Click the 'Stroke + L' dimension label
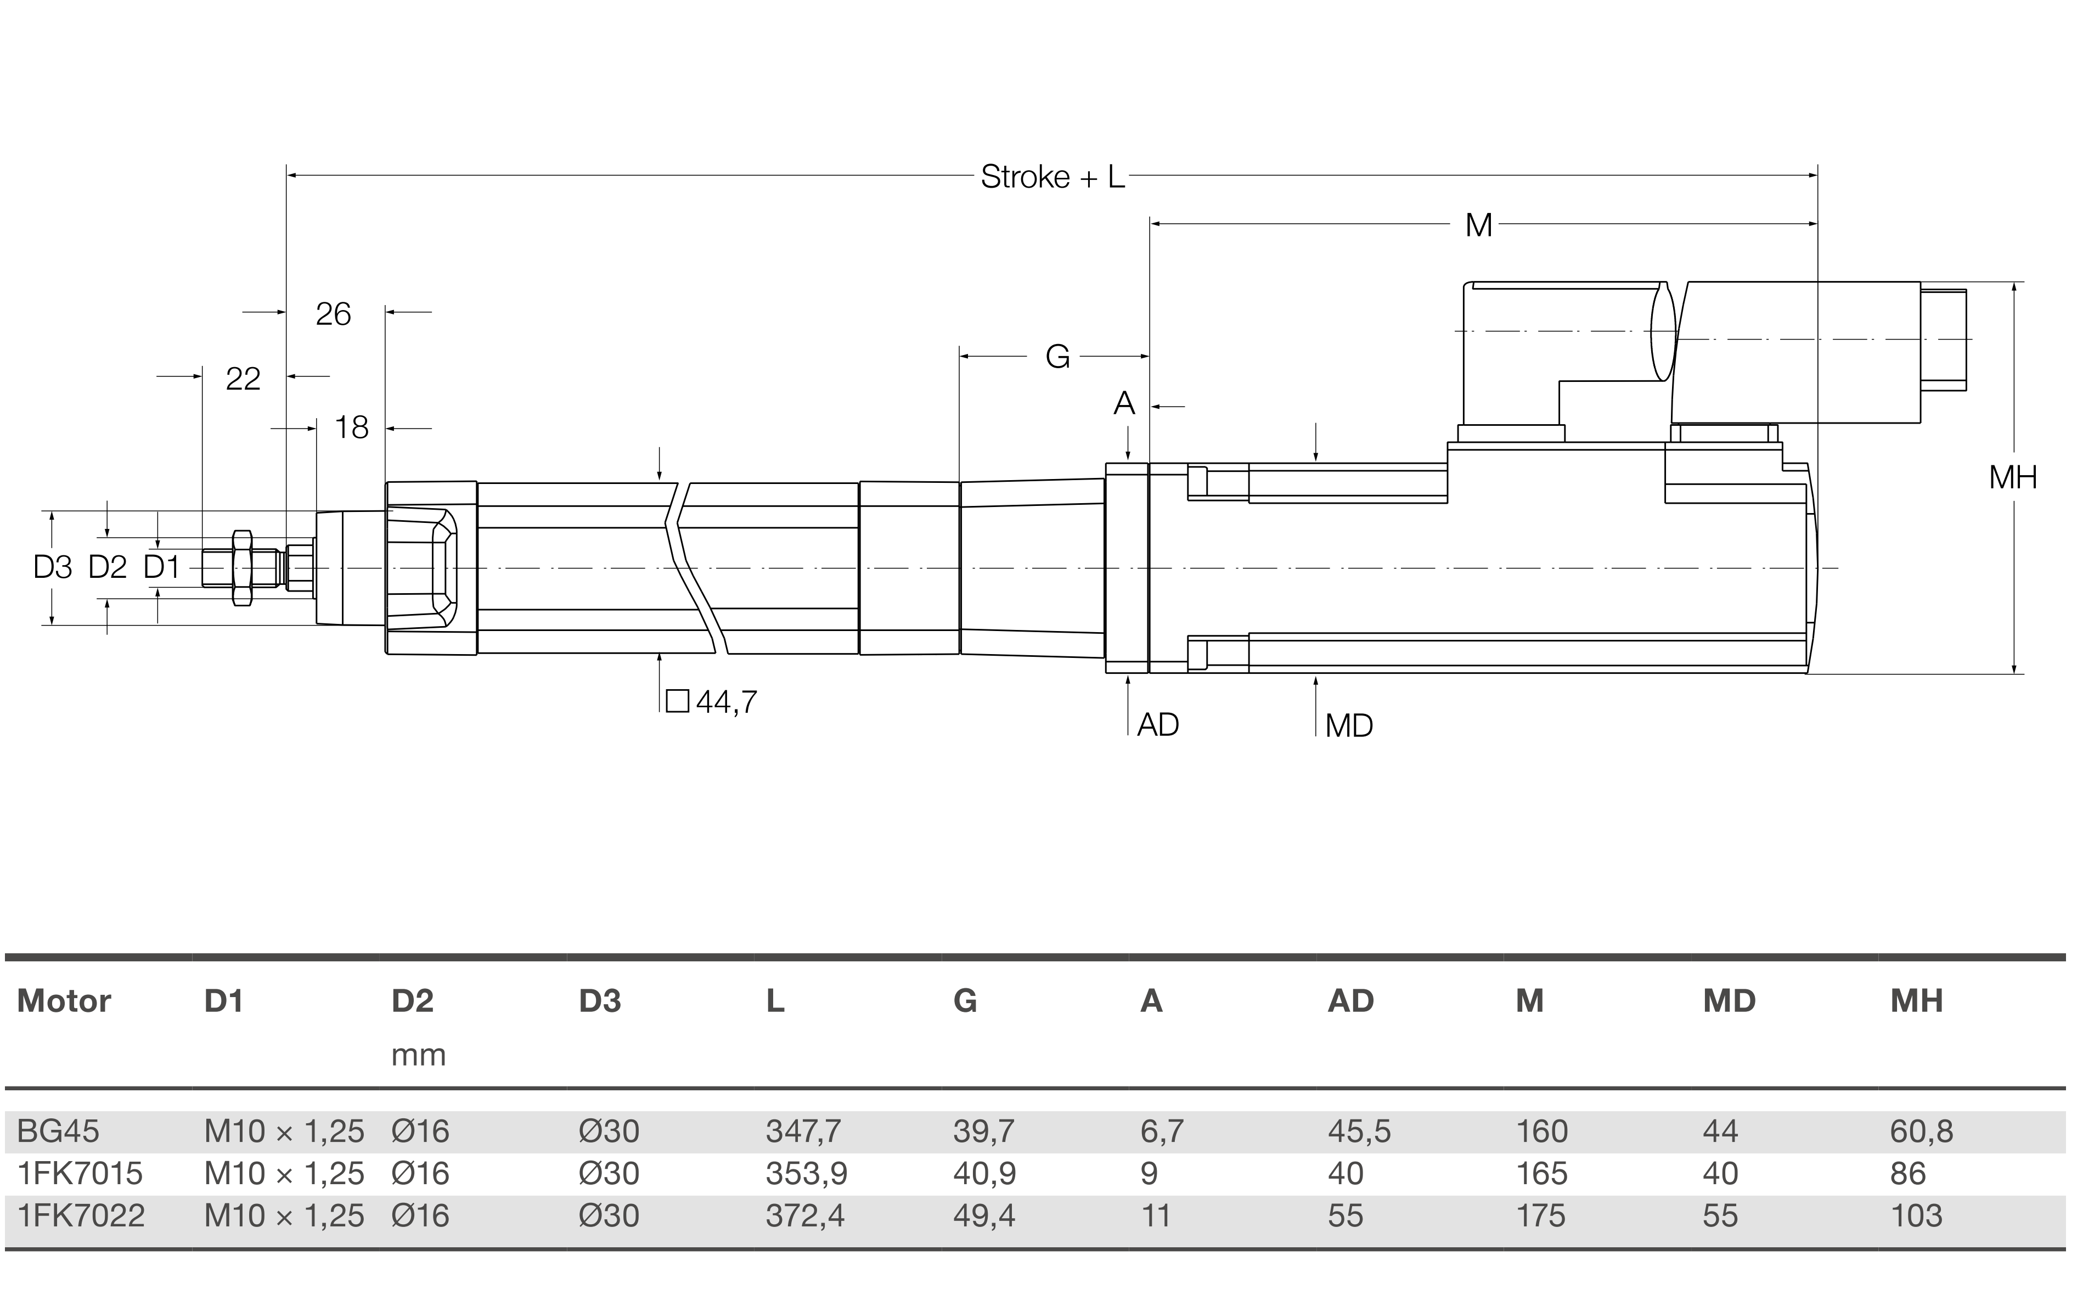pyautogui.click(x=1052, y=177)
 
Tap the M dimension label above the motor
pyautogui.click(x=1478, y=226)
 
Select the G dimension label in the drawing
pyautogui.click(x=1058, y=356)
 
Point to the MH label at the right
pyautogui.click(x=2013, y=477)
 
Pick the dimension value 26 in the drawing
pyautogui.click(x=333, y=314)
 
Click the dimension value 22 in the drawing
pyautogui.click(x=243, y=379)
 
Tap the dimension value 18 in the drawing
pyautogui.click(x=351, y=427)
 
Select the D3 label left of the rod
pyautogui.click(x=52, y=567)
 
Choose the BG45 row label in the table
pyautogui.click(x=58, y=1131)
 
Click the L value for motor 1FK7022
pyautogui.click(x=805, y=1215)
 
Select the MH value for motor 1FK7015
pyautogui.click(x=1908, y=1173)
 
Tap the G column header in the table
pyautogui.click(x=965, y=1000)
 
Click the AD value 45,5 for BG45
pyautogui.click(x=1359, y=1131)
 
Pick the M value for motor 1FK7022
pyautogui.click(x=1541, y=1215)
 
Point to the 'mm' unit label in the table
pyautogui.click(x=419, y=1054)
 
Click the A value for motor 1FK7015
pyautogui.click(x=1150, y=1173)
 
